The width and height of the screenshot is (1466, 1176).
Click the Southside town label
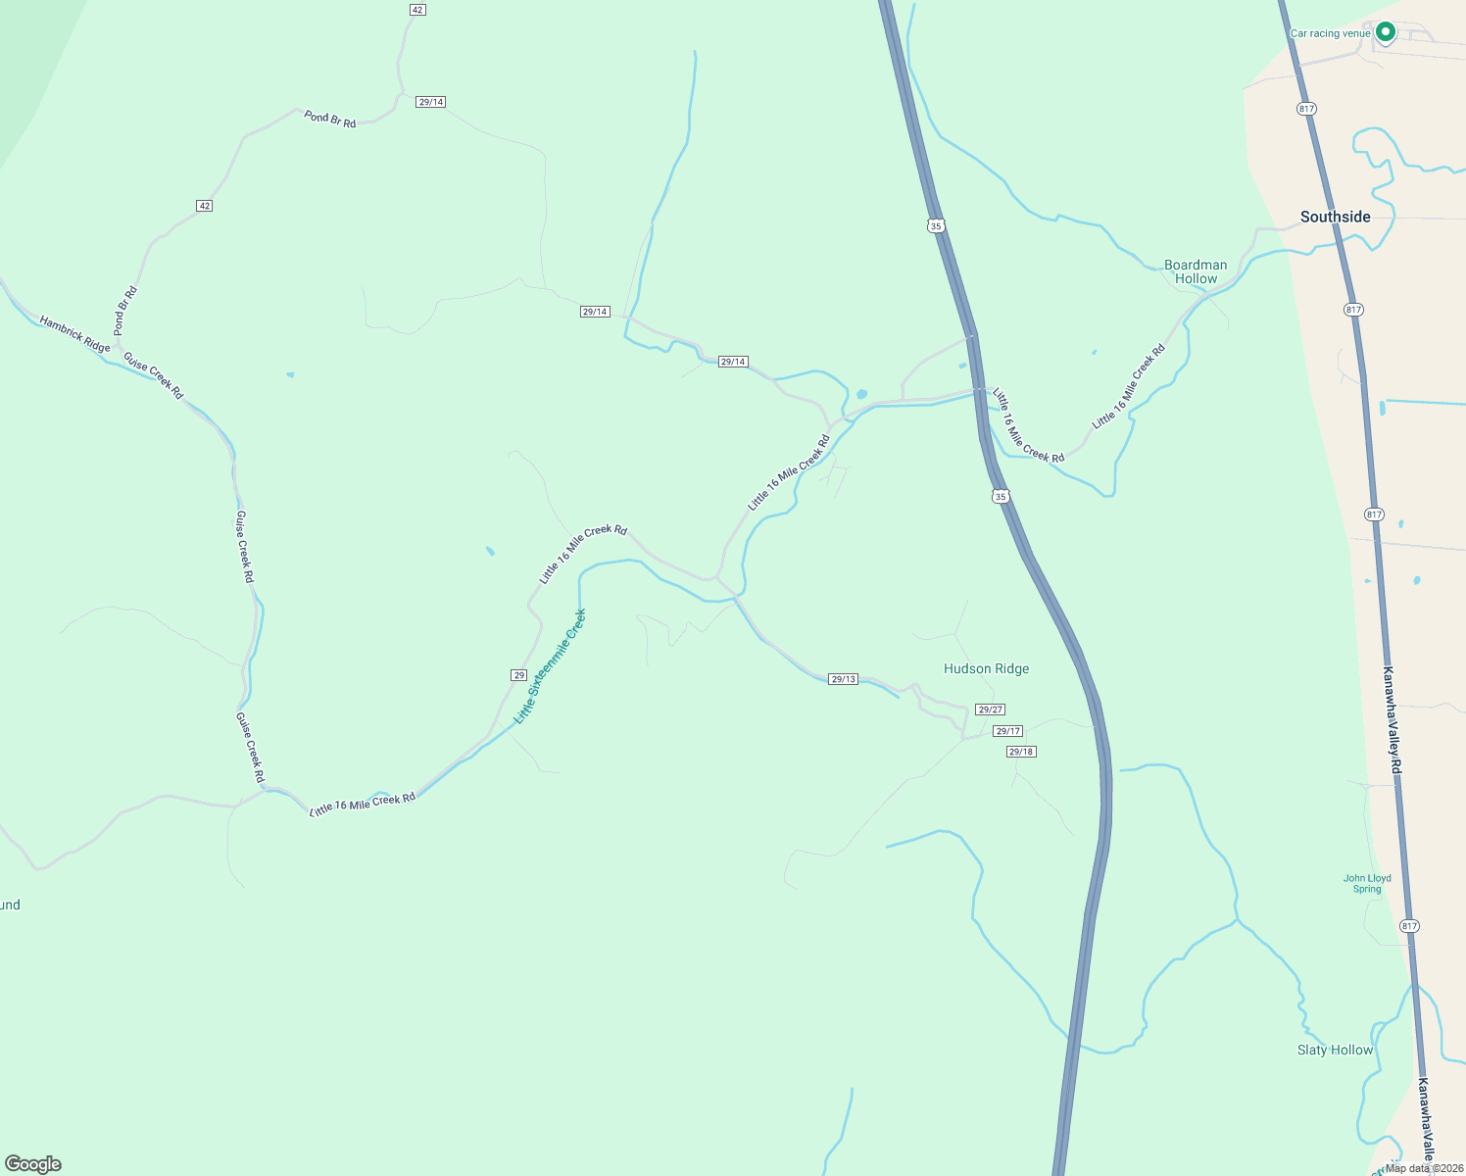coord(1335,217)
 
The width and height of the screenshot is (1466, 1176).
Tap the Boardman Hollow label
coord(1196,271)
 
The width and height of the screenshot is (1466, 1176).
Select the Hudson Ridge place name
coord(986,668)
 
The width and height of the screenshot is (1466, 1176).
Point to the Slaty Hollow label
coord(1335,1050)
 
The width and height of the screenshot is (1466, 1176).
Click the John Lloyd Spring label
coord(1367,884)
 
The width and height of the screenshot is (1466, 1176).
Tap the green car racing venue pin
coord(1385,32)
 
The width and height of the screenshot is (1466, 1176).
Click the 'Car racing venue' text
coord(1330,33)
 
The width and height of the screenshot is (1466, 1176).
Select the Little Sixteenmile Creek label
coord(550,666)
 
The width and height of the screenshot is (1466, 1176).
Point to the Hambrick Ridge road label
coord(74,334)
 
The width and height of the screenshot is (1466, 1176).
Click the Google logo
coord(32,1164)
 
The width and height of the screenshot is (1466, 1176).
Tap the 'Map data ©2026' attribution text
coord(1424,1168)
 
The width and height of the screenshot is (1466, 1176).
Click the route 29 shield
coord(519,675)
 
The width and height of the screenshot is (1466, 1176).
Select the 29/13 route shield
coord(843,679)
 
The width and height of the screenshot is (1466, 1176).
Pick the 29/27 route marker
coord(990,710)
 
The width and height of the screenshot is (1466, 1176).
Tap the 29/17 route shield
coord(1007,731)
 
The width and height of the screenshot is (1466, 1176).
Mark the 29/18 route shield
coord(1020,752)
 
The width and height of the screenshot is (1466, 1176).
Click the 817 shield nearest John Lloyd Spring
coord(1409,926)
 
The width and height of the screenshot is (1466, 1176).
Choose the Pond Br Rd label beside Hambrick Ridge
coord(125,311)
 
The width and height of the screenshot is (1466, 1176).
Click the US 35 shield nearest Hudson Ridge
coord(1000,497)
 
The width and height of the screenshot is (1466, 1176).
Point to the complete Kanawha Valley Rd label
coord(1392,720)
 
